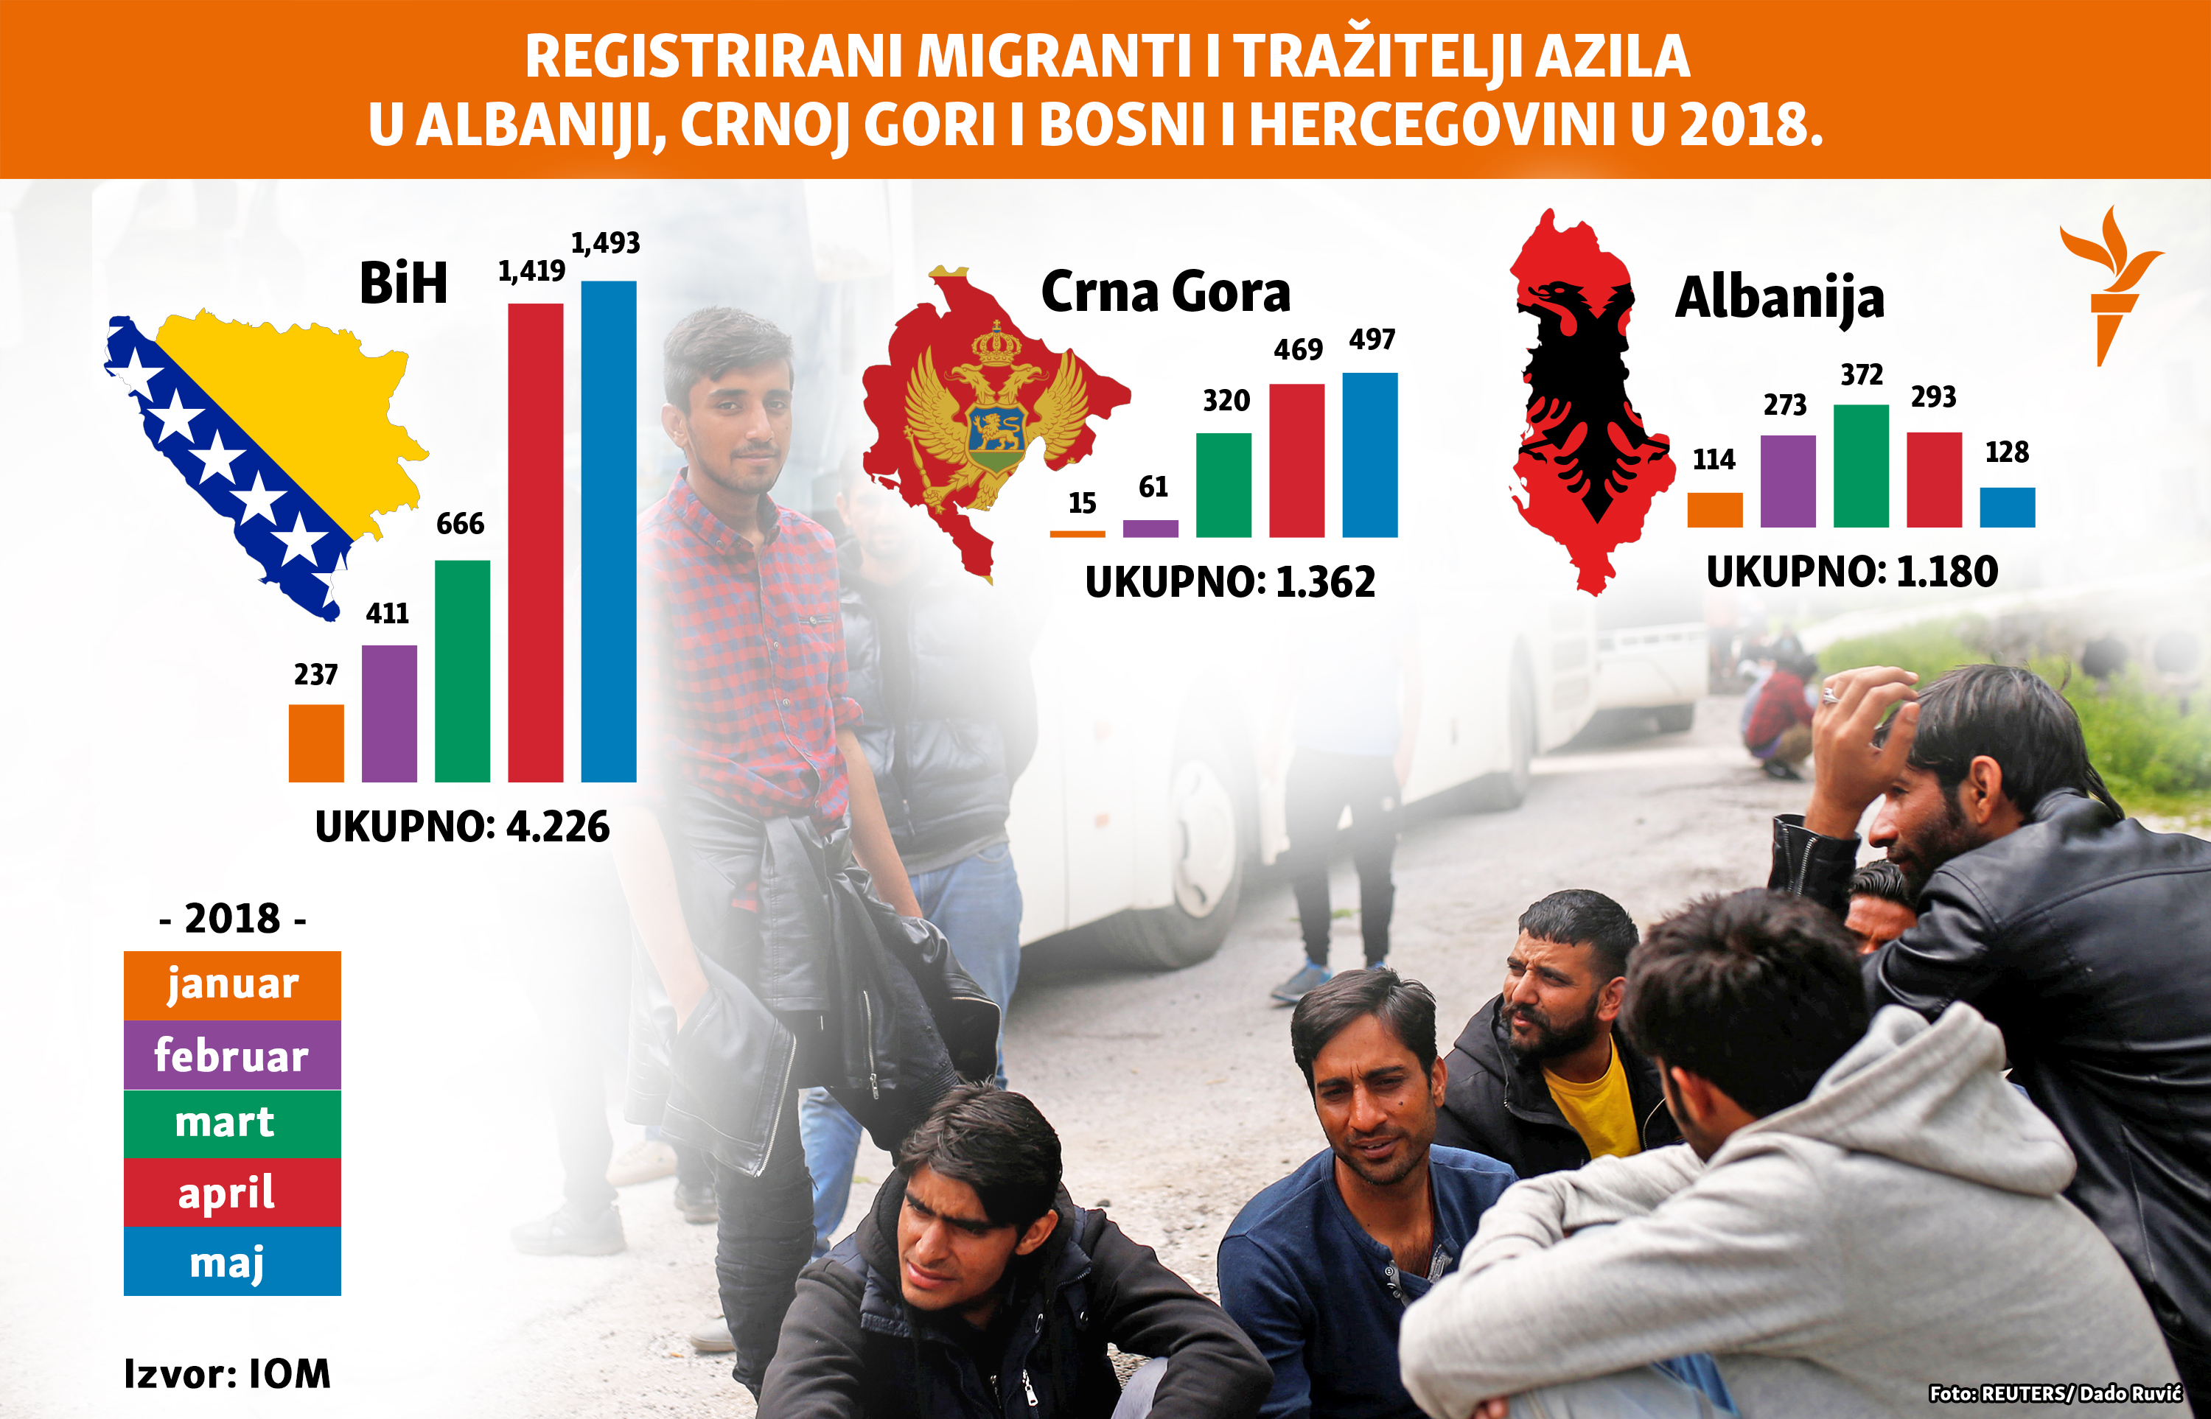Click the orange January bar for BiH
(x=316, y=743)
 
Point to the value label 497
(x=1372, y=340)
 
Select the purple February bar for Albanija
(x=1787, y=481)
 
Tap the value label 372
(x=1861, y=375)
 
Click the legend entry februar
(x=231, y=1055)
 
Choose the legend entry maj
(x=231, y=1261)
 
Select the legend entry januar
(x=231, y=984)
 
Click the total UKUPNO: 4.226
(x=462, y=827)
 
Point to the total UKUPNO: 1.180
(x=1851, y=571)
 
